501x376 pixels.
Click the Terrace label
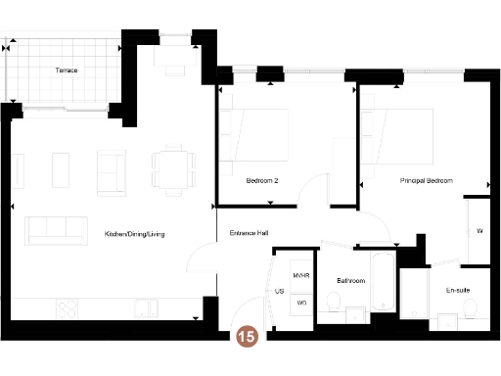[67, 70]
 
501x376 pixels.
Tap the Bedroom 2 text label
[262, 181]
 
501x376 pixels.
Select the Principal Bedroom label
[427, 181]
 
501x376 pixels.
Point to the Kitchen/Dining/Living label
[136, 234]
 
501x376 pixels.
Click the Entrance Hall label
[250, 233]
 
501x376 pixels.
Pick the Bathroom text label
[350, 281]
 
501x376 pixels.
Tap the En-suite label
[457, 291]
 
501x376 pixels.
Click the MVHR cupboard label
[301, 277]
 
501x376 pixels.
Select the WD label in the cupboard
[301, 303]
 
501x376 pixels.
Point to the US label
[280, 292]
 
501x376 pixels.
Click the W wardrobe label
[479, 231]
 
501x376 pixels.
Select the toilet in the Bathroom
[354, 313]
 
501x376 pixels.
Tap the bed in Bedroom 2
[256, 134]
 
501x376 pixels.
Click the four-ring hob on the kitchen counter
[68, 307]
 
